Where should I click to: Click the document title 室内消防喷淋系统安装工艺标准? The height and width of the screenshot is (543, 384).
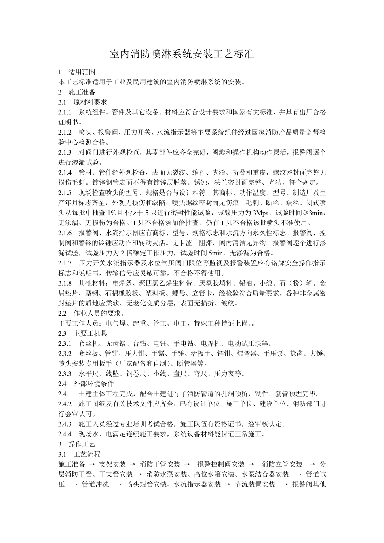tap(182, 54)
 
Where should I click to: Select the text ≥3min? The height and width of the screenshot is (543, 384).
tap(315, 213)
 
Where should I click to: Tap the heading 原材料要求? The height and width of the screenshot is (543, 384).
tap(90, 102)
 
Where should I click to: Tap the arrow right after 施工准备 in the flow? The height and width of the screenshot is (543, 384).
tap(92, 464)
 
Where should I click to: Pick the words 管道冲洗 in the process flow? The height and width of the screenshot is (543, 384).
tap(95, 484)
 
